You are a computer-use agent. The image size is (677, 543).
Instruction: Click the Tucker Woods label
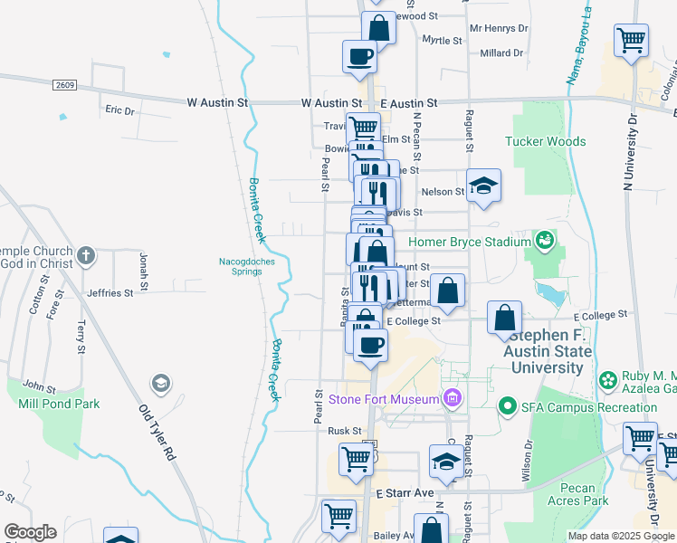545,141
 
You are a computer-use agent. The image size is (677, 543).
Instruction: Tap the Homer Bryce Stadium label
469,242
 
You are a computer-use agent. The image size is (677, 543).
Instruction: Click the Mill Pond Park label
59,404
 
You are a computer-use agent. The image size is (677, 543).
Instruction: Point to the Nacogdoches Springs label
245,267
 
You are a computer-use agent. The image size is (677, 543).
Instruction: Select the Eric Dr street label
119,110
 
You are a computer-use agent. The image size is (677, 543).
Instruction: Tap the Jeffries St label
110,293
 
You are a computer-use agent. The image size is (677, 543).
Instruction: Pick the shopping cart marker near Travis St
363,129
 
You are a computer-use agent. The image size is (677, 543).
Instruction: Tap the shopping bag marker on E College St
504,318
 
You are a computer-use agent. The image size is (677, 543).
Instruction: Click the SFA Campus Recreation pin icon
507,407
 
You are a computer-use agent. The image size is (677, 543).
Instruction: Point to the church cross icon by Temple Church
85,255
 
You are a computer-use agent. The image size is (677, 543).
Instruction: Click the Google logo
30,532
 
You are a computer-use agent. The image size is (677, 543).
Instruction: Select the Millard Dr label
501,53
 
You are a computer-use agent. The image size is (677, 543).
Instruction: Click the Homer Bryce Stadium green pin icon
544,241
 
